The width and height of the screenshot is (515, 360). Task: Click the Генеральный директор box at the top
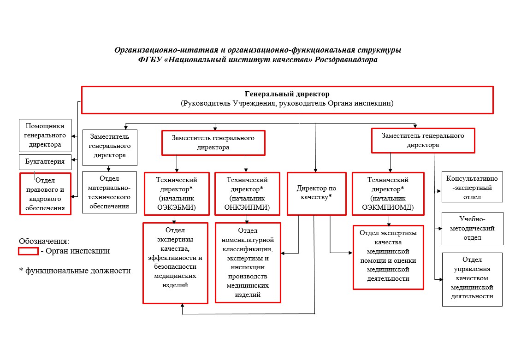pos(287,100)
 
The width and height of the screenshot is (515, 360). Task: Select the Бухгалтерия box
pos(45,162)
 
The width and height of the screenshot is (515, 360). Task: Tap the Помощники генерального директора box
pos(45,136)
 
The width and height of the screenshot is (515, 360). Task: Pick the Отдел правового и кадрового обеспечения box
pos(45,194)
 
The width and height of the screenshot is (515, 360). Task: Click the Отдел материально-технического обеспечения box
pos(109,192)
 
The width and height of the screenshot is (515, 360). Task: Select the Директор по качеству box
pos(317,194)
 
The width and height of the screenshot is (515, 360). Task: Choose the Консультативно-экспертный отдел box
pos(472,187)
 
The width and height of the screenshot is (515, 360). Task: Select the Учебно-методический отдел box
pos(472,229)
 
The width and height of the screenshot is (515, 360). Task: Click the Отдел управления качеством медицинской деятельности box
pos(472,279)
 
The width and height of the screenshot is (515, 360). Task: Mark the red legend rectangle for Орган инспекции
pos(28,251)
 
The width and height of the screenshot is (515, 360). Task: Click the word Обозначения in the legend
pos(43,241)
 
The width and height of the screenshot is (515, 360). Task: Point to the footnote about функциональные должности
pos(75,271)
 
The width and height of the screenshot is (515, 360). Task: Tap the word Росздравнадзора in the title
pos(346,59)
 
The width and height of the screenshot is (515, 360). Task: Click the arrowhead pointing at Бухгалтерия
pos(74,160)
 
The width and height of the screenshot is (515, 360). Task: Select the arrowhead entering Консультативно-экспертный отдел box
pos(439,191)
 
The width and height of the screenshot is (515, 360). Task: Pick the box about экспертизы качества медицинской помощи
pos(389,257)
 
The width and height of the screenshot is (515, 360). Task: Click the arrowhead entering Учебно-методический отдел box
pos(439,229)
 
